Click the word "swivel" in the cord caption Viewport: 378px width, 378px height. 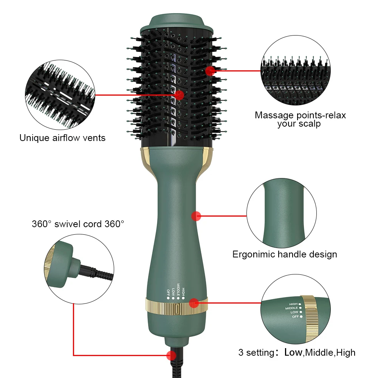click(x=68, y=224)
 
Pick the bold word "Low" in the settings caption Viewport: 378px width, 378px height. click(x=293, y=352)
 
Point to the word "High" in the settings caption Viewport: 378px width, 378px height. click(x=346, y=353)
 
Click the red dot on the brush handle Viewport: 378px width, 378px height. click(x=196, y=216)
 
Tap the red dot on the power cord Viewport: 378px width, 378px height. click(x=171, y=355)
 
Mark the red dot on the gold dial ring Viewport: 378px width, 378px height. click(x=194, y=303)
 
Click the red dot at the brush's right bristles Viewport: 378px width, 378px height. click(x=210, y=71)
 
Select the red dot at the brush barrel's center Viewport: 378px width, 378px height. click(x=179, y=95)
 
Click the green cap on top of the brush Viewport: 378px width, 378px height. click(x=177, y=24)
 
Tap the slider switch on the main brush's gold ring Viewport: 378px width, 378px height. click(x=177, y=309)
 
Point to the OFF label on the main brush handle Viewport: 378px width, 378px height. click(x=168, y=293)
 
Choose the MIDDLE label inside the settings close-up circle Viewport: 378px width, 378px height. click(x=291, y=308)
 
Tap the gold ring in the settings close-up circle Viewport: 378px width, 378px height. click(x=310, y=319)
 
